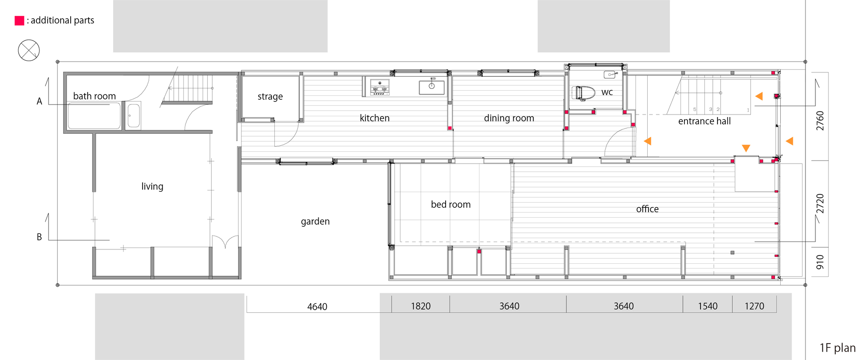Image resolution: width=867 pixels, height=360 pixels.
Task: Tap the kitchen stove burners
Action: click(379, 87)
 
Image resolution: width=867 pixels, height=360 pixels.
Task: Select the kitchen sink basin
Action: click(431, 87)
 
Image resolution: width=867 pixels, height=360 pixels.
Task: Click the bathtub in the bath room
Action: click(94, 116)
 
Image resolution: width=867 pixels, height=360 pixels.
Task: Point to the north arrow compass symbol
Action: click(29, 50)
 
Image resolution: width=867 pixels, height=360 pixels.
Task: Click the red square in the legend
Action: click(20, 20)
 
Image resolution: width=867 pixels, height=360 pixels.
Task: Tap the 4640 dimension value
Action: click(317, 307)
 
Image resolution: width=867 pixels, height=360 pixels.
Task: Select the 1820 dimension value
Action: click(420, 306)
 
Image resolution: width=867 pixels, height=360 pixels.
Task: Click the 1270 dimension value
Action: click(754, 306)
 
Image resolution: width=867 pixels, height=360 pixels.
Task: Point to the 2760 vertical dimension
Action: click(820, 121)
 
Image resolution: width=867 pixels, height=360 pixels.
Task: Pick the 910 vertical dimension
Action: click(820, 262)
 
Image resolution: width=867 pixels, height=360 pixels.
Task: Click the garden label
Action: click(315, 221)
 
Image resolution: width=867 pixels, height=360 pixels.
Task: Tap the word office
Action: click(647, 209)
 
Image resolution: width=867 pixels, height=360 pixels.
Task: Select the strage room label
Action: click(270, 96)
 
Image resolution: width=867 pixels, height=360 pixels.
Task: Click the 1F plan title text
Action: click(837, 348)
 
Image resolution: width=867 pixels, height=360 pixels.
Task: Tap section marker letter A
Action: click(39, 101)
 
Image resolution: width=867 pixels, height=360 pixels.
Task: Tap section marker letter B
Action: click(39, 237)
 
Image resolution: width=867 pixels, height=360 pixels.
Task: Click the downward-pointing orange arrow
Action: click(746, 148)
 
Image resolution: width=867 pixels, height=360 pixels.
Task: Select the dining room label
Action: click(509, 118)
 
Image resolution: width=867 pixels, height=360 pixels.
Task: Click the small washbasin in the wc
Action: click(610, 75)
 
